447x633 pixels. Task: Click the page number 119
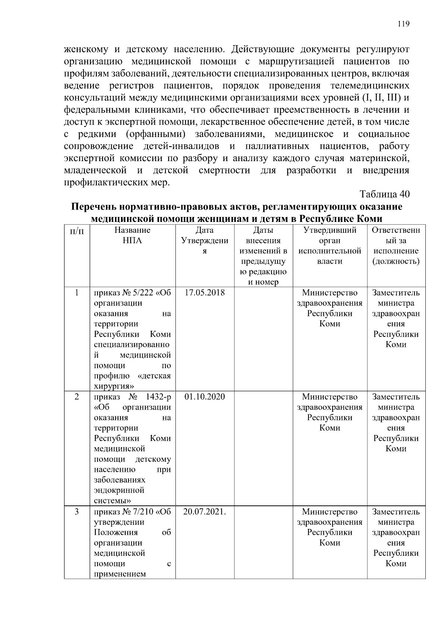coord(403,24)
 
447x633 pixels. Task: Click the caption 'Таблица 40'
coord(384,194)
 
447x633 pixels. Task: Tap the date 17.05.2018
coord(205,292)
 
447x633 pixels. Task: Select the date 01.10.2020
coord(205,397)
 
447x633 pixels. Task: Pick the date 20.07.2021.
coord(205,511)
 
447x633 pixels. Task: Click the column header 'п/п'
coord(77,231)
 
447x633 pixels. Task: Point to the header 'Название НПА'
coord(132,235)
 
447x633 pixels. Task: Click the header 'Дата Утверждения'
coord(205,241)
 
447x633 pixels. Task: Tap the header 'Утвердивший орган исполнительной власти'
coord(330,245)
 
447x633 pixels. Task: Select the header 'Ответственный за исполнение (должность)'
coord(396,245)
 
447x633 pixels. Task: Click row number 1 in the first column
coord(77,292)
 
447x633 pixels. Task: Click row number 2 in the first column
coord(77,397)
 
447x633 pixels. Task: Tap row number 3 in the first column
coord(77,511)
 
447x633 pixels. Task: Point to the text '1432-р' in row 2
coord(158,397)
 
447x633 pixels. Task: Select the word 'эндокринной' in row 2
coord(119,490)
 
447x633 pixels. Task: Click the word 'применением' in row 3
coord(119,574)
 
